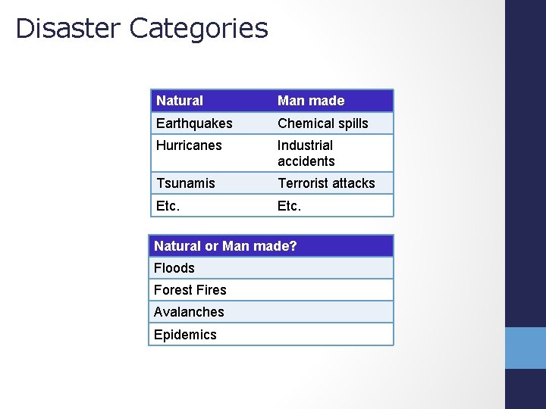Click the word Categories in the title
199,28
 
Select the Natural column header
180,101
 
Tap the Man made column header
311,101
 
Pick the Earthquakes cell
194,123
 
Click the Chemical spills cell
323,123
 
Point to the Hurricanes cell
189,145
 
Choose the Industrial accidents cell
306,153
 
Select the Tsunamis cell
186,183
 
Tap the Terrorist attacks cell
326,183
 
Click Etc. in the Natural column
168,205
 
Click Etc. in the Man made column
289,205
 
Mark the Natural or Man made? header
225,246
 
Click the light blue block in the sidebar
526,348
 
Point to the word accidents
306,161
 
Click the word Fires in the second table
210,290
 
